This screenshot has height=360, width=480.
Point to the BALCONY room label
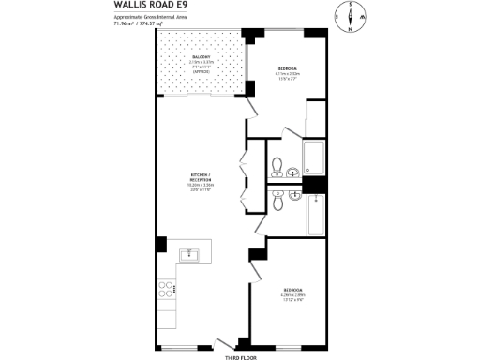point(201,57)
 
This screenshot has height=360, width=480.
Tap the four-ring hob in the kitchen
point(168,290)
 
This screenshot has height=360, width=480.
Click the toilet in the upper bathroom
point(276,168)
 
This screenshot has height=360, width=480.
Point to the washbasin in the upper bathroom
point(293,172)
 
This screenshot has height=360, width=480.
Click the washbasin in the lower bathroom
point(293,194)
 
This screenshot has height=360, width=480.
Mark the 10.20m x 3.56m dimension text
point(199,187)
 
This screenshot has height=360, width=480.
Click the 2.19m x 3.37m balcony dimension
point(201,63)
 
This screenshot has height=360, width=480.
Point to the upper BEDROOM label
point(289,68)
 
